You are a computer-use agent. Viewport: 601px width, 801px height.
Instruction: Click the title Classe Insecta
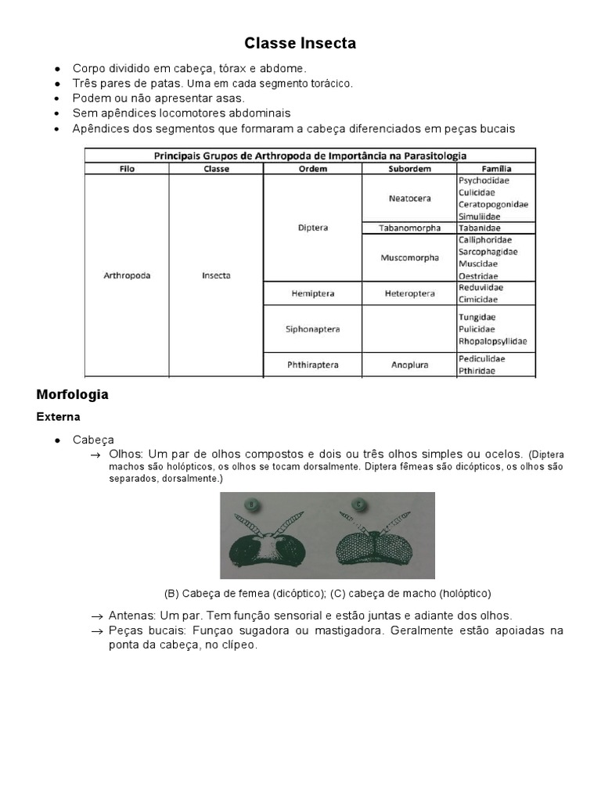300,44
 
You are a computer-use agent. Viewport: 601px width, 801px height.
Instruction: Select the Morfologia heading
72,394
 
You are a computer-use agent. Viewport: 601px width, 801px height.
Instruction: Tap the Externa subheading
58,417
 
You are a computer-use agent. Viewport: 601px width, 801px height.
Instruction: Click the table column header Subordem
409,168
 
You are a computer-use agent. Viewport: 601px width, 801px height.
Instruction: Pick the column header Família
496,168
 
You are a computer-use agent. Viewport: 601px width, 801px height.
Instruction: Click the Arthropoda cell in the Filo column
126,275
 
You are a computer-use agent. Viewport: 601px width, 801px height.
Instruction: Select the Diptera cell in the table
312,228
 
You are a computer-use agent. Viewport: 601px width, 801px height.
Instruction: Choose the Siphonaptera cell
312,329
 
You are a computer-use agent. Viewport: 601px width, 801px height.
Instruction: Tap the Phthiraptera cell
312,365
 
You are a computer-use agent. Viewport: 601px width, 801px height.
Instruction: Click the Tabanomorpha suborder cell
409,228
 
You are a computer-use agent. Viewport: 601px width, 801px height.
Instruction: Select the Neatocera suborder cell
409,198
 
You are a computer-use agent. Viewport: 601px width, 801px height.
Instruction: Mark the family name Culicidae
476,192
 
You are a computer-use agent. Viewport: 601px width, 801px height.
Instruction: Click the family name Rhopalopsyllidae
492,341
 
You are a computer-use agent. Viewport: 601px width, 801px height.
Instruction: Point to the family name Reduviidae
480,288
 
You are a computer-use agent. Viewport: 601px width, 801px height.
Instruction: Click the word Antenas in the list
132,616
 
